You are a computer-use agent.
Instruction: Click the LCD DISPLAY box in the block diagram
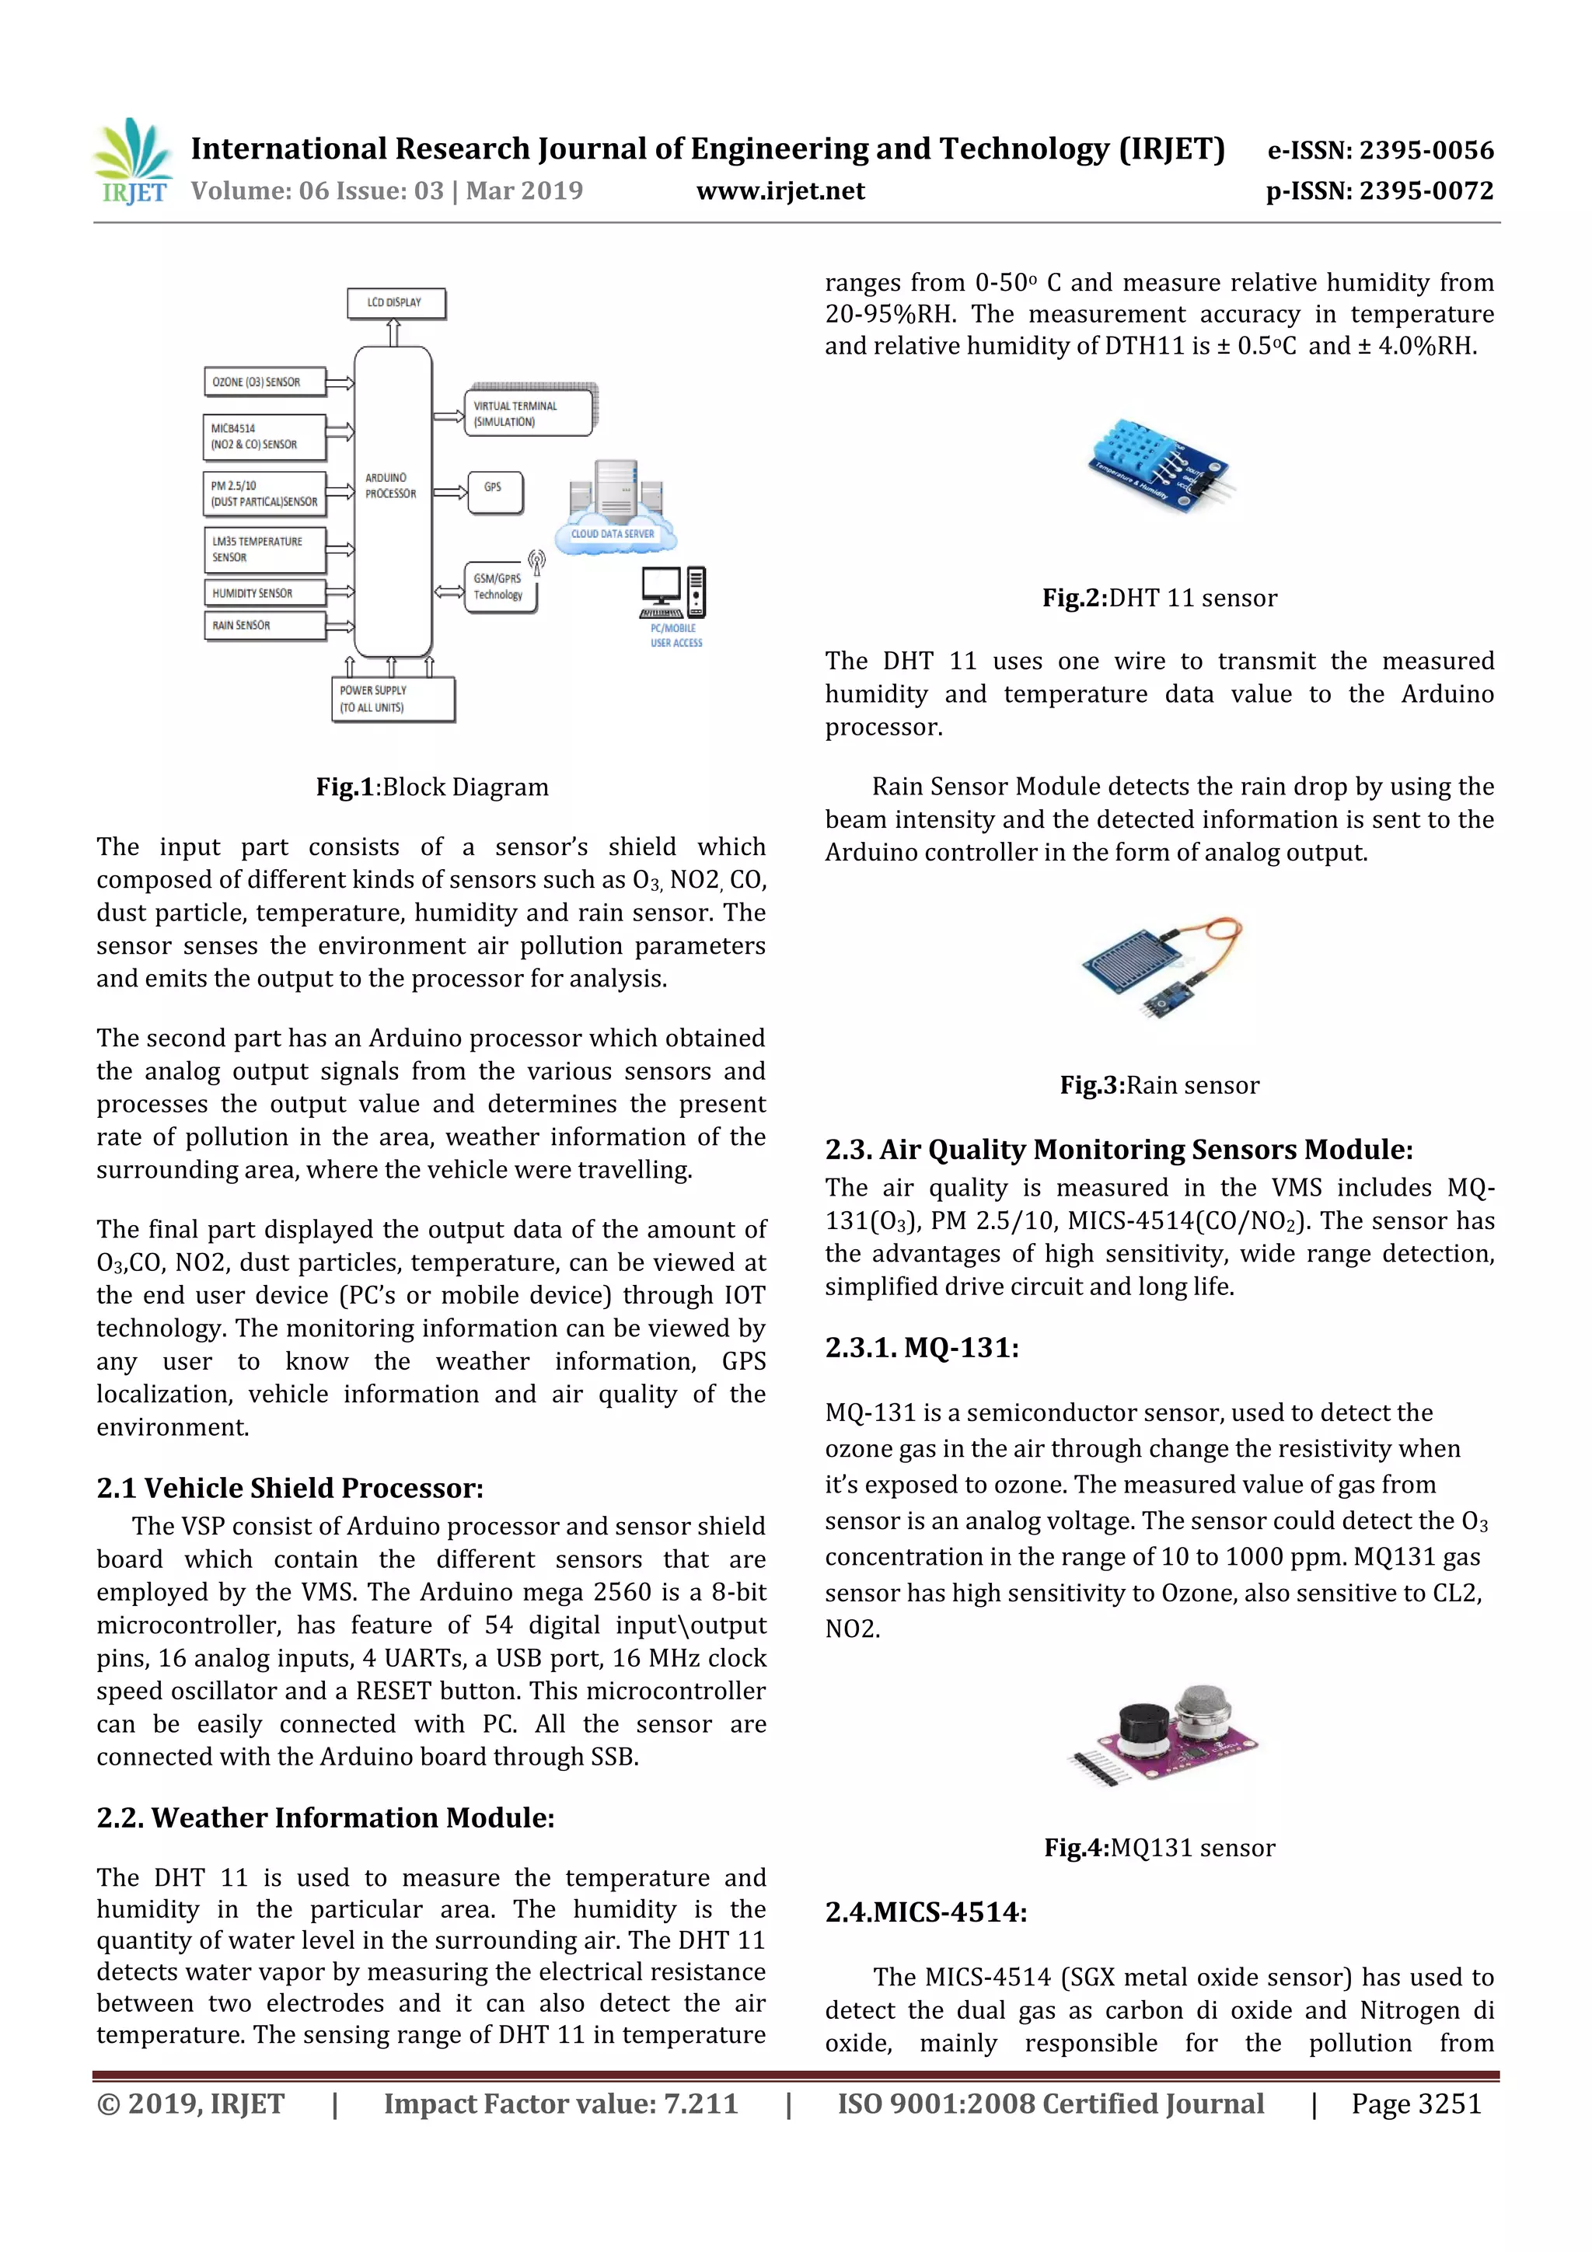[x=396, y=303]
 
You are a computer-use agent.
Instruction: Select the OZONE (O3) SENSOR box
[x=264, y=382]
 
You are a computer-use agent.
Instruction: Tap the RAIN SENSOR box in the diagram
[x=264, y=626]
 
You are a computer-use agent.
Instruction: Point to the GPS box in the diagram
[x=494, y=491]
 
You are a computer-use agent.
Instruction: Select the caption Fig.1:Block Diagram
[x=431, y=787]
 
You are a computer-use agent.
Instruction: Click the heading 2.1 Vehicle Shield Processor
[x=289, y=1488]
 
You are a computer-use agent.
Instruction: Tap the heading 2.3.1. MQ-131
[x=921, y=1348]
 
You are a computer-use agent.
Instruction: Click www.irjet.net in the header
[x=780, y=191]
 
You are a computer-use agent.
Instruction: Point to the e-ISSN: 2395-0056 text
[x=1379, y=150]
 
